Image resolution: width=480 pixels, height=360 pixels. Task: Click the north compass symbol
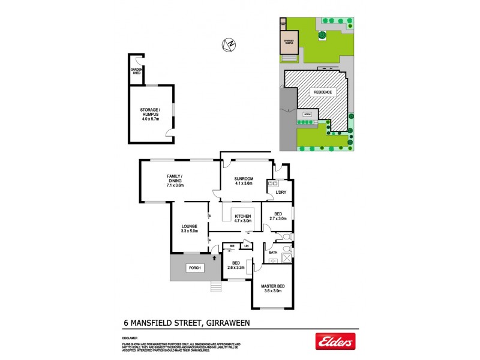(x=228, y=44)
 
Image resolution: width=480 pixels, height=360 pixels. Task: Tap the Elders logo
(x=335, y=342)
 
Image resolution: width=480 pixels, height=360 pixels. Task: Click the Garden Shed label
(x=137, y=71)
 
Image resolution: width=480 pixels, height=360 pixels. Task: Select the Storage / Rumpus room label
(x=151, y=112)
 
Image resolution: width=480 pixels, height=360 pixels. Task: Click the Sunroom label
(x=244, y=178)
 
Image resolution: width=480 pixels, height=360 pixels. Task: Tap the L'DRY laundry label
(x=281, y=191)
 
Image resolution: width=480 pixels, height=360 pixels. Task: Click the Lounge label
(x=189, y=226)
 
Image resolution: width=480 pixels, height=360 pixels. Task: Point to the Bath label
(x=273, y=252)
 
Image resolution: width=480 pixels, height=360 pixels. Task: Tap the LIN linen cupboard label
(x=246, y=245)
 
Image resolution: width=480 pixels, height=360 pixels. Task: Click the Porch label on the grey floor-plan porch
(x=194, y=268)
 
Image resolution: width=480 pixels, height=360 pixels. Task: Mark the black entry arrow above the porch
(x=214, y=257)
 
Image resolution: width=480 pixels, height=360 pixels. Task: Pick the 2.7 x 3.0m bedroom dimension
(x=278, y=220)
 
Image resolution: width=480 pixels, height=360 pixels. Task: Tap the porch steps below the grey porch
(x=216, y=286)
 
